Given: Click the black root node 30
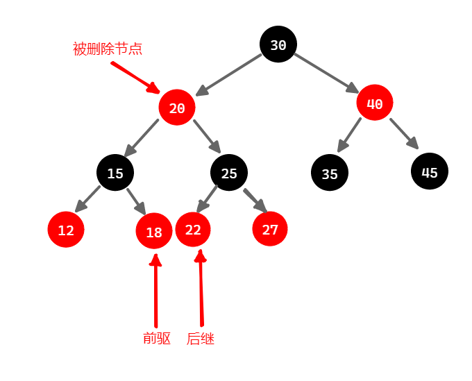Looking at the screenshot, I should tap(278, 44).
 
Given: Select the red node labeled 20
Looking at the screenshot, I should tap(176, 108).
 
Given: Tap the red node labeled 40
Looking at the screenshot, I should tap(375, 104).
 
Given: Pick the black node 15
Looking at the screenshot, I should tap(115, 173).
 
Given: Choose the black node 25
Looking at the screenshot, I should tap(229, 173).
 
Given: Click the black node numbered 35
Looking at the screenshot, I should tap(330, 173).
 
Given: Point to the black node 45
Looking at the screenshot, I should tap(430, 171).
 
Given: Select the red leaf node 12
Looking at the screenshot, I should tap(66, 230).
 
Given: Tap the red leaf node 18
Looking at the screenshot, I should tap(154, 232).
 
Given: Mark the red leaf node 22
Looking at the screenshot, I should tap(193, 229).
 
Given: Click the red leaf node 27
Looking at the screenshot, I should tap(270, 229).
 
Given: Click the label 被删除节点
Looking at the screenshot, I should tap(108, 49).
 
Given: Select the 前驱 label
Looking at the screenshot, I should tap(157, 339).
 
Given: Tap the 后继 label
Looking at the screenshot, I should tap(201, 339).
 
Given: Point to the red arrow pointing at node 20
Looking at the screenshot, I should tap(135, 77).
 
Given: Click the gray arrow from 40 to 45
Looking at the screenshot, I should tap(404, 134).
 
